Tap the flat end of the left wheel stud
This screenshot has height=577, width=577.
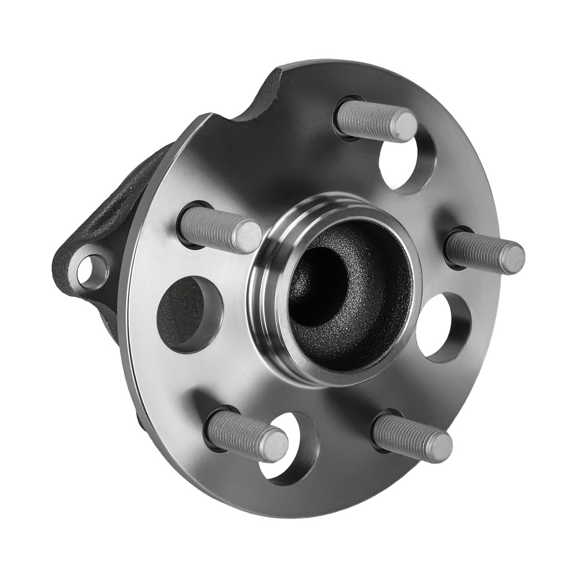(x=248, y=237)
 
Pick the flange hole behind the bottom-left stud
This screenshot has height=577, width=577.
(x=291, y=450)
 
